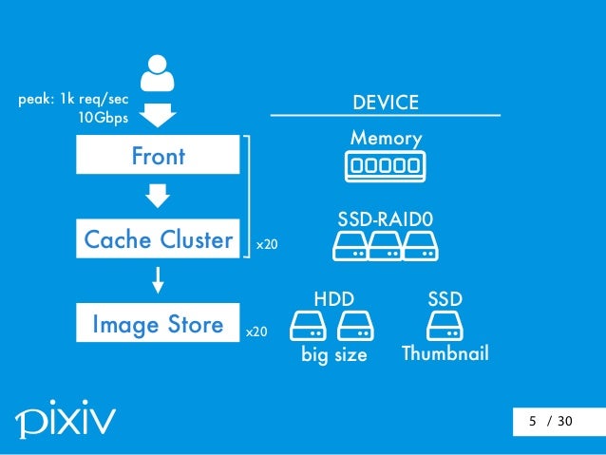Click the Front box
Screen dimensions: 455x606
click(158, 156)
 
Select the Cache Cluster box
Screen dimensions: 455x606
click(158, 240)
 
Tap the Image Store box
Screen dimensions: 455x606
click(158, 325)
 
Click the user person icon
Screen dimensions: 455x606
click(158, 76)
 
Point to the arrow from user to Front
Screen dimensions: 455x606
click(158, 116)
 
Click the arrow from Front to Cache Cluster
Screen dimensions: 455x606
click(158, 197)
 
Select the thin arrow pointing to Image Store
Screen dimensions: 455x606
click(158, 280)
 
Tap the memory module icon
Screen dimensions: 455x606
click(386, 167)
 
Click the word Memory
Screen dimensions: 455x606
click(386, 139)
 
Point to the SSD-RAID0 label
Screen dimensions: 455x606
click(386, 220)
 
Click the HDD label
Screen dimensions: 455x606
click(333, 300)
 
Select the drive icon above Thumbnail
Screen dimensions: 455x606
click(445, 328)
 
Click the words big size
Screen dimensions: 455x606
click(333, 355)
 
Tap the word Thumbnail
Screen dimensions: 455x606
click(445, 354)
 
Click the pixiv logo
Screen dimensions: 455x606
click(66, 418)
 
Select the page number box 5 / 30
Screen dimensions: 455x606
click(551, 421)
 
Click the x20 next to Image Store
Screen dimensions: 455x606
click(256, 333)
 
